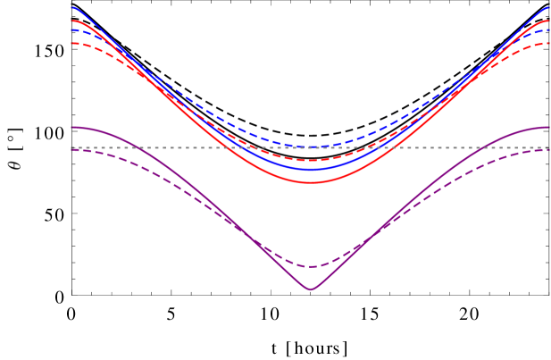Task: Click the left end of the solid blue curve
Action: pos(72,7)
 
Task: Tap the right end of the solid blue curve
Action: pos(548,7)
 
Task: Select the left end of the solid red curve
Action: pos(72,21)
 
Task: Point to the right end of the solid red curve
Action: pos(548,21)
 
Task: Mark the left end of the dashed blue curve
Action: pos(72,30)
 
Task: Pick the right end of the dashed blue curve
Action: pos(548,30)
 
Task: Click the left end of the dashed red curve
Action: pos(72,43)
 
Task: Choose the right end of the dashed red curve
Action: pos(548,43)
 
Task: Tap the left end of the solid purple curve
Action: pos(72,127)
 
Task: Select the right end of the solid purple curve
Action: pos(548,127)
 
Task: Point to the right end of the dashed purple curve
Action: pos(548,149)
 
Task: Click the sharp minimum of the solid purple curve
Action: pos(311,289)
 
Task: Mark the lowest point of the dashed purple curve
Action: pos(311,266)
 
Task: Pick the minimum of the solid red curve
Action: pos(311,182)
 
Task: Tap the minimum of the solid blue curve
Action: pos(311,169)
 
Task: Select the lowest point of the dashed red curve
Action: pos(311,161)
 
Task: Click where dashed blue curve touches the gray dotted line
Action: pos(311,147)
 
